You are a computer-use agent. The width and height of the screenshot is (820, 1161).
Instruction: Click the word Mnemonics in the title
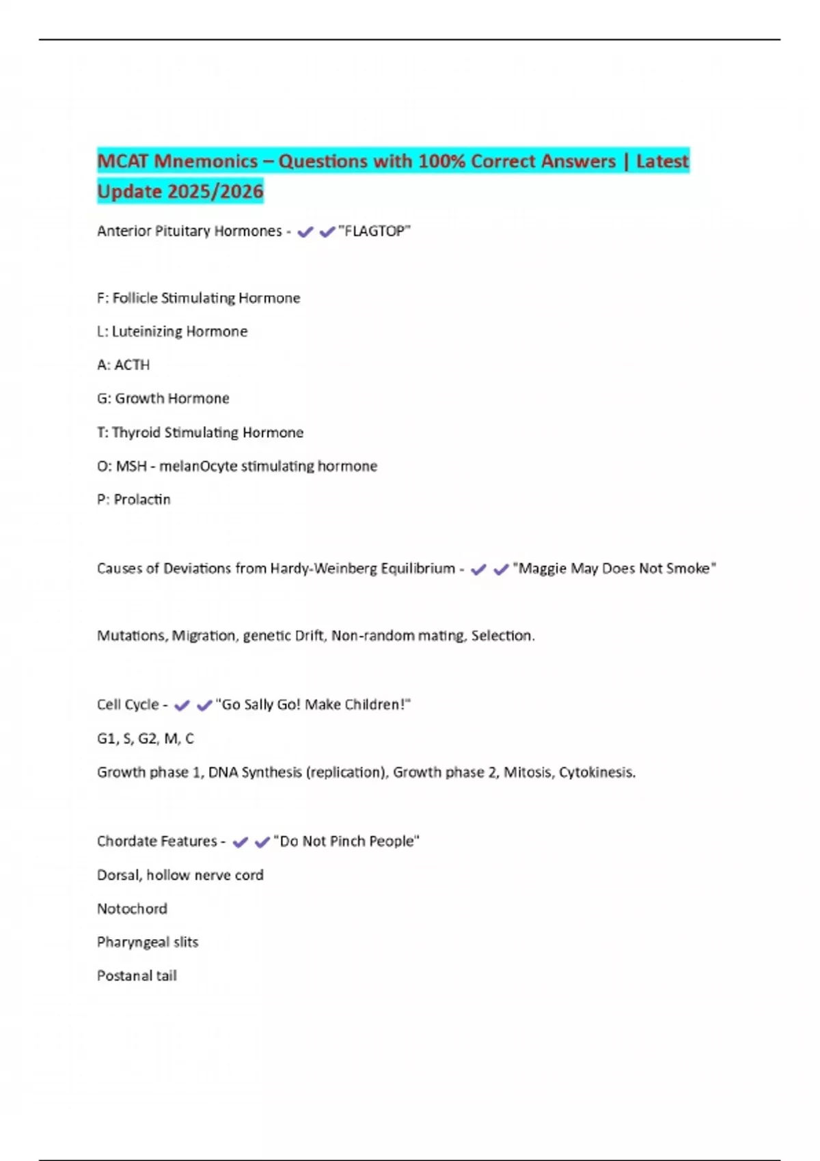click(x=206, y=161)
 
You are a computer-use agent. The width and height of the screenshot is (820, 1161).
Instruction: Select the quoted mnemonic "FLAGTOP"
click(x=374, y=231)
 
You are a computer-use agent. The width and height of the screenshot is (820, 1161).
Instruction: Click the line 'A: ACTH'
click(x=123, y=365)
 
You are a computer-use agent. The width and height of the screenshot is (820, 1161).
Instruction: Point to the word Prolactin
click(x=142, y=499)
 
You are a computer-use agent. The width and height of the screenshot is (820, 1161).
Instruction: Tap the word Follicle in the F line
click(x=135, y=298)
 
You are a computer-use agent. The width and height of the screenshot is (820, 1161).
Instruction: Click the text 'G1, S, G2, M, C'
click(x=145, y=738)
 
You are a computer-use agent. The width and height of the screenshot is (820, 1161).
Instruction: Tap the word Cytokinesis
click(x=597, y=772)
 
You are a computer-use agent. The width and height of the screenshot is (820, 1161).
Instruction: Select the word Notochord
click(x=132, y=908)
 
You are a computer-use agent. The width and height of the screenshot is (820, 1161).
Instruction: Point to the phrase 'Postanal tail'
click(x=137, y=975)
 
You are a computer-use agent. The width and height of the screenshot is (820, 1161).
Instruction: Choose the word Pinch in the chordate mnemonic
click(x=347, y=841)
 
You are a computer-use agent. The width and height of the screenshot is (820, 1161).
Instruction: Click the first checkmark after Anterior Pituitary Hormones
click(x=305, y=232)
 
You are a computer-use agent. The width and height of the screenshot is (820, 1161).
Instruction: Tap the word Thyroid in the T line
click(x=136, y=432)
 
